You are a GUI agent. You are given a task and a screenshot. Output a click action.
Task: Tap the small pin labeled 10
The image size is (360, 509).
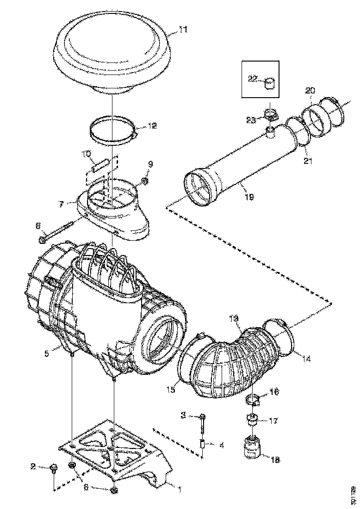(100, 165)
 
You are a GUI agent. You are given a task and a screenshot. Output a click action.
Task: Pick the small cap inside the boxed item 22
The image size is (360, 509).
(269, 83)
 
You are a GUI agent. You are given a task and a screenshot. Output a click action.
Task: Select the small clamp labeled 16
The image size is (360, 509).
(253, 398)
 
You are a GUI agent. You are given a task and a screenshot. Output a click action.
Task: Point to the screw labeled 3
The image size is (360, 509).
(203, 418)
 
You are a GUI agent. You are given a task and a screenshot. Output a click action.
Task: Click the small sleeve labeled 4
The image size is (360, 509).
(203, 444)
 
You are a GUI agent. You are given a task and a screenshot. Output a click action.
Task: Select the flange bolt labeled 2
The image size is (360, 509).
(53, 467)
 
